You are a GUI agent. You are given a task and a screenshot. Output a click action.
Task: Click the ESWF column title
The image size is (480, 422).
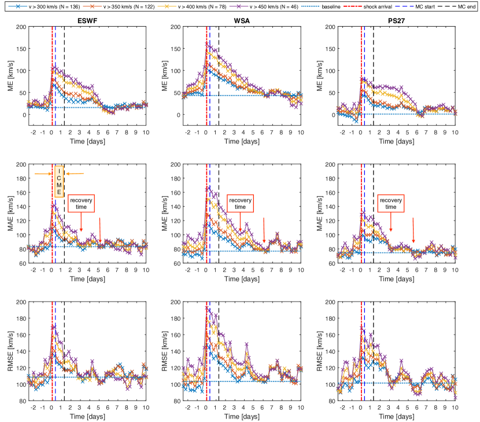88,20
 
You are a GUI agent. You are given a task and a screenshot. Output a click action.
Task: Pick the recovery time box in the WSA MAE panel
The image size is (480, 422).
239,203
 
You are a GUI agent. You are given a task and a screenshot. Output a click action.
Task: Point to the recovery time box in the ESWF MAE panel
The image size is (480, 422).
81,203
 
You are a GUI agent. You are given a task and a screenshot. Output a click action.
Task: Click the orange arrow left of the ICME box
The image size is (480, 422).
43,174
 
